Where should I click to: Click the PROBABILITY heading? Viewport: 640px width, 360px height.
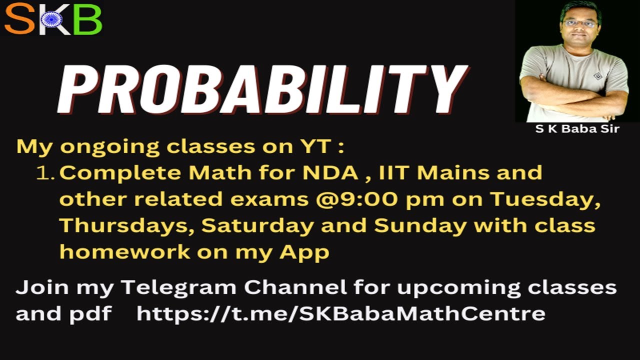click(262, 89)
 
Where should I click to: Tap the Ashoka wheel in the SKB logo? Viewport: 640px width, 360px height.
click(51, 19)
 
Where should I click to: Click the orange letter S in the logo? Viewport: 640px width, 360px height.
click(19, 19)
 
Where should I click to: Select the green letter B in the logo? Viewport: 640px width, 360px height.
click(87, 19)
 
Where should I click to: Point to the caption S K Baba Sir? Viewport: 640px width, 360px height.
click(577, 129)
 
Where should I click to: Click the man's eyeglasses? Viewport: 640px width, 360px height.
click(580, 23)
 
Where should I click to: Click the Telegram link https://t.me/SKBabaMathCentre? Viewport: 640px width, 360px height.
click(340, 313)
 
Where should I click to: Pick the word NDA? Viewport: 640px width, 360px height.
click(330, 172)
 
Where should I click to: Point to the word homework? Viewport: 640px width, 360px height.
click(124, 252)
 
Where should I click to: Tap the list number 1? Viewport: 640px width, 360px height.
click(45, 173)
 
